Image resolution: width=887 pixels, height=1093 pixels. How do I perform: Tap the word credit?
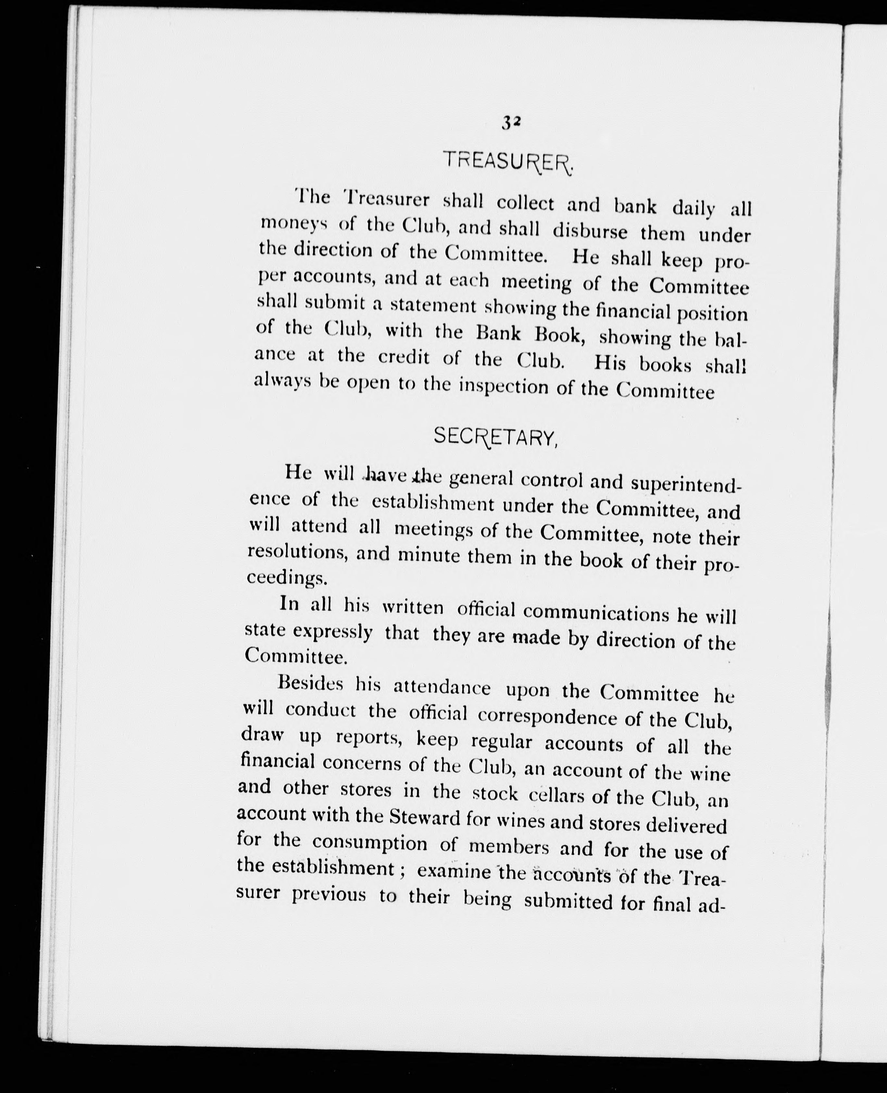tap(404, 358)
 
